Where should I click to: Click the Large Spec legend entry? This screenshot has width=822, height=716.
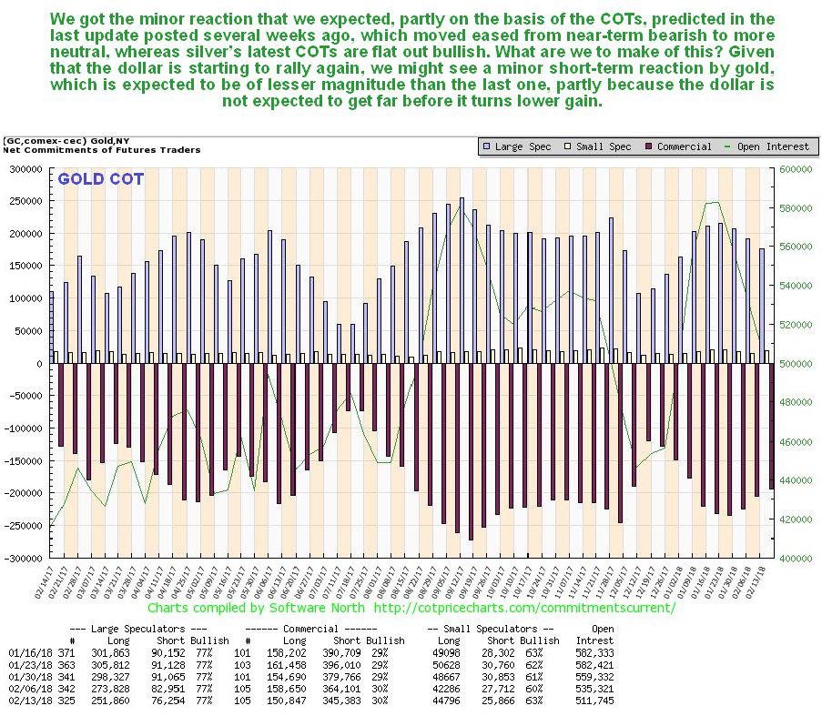coord(521,146)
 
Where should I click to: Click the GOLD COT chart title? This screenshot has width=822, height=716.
coord(100,179)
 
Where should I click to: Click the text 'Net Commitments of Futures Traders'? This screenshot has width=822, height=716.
coord(102,149)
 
